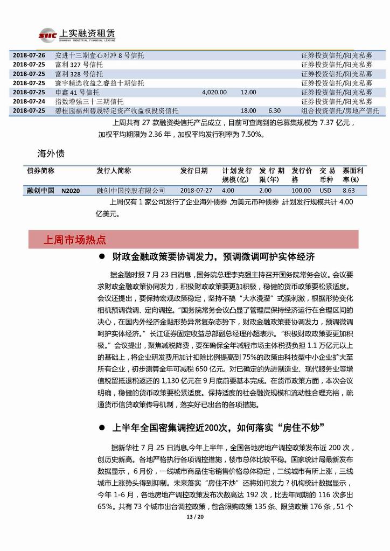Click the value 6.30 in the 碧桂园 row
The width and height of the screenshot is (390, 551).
(x=275, y=110)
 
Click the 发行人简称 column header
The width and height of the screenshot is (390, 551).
(x=114, y=170)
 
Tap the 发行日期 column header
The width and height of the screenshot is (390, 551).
(x=194, y=170)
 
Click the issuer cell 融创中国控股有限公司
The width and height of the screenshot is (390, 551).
(x=131, y=190)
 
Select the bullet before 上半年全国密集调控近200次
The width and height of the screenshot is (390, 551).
(x=101, y=428)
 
